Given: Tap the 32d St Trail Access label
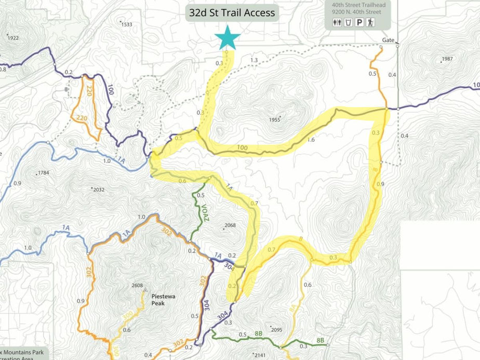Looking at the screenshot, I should pyautogui.click(x=232, y=13).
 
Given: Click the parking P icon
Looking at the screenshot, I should pyautogui.click(x=358, y=23).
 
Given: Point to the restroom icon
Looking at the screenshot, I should pyautogui.click(x=337, y=23).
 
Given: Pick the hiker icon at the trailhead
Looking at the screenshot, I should pyautogui.click(x=369, y=23).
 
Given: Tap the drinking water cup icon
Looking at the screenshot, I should pyautogui.click(x=348, y=23).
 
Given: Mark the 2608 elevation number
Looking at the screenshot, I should pyautogui.click(x=137, y=285).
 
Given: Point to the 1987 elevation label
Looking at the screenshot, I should pyautogui.click(x=447, y=59).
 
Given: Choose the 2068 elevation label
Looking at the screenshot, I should pyautogui.click(x=230, y=225).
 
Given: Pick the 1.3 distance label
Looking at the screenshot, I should pyautogui.click(x=254, y=61).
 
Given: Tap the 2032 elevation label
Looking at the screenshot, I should pyautogui.click(x=99, y=190).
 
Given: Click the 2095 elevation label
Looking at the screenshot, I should pyautogui.click(x=276, y=329).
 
